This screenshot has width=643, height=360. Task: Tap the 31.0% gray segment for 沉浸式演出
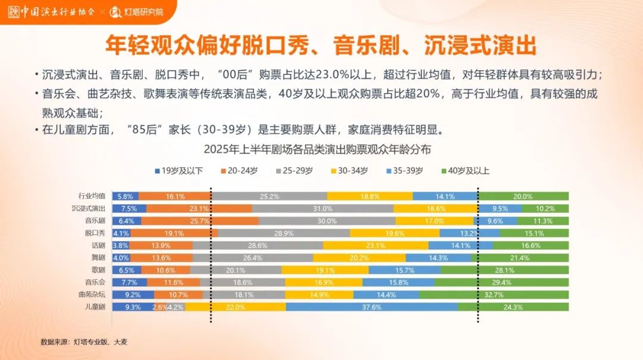[x=323, y=209]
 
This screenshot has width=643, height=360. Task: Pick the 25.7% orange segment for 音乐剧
[x=199, y=221]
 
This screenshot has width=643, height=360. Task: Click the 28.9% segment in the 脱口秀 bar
[x=283, y=233]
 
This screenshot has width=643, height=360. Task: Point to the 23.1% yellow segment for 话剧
[x=376, y=245]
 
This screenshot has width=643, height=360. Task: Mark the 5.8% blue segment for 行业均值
[x=126, y=196]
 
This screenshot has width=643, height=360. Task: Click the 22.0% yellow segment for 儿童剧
[x=236, y=307]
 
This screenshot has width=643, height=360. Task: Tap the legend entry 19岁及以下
[x=179, y=171]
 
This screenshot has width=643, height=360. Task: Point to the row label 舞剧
[x=98, y=258]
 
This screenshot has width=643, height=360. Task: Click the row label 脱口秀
[x=95, y=233]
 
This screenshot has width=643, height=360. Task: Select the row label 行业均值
[x=92, y=196]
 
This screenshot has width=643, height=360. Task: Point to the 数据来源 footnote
[x=84, y=342]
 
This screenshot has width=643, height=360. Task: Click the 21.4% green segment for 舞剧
[x=520, y=258]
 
